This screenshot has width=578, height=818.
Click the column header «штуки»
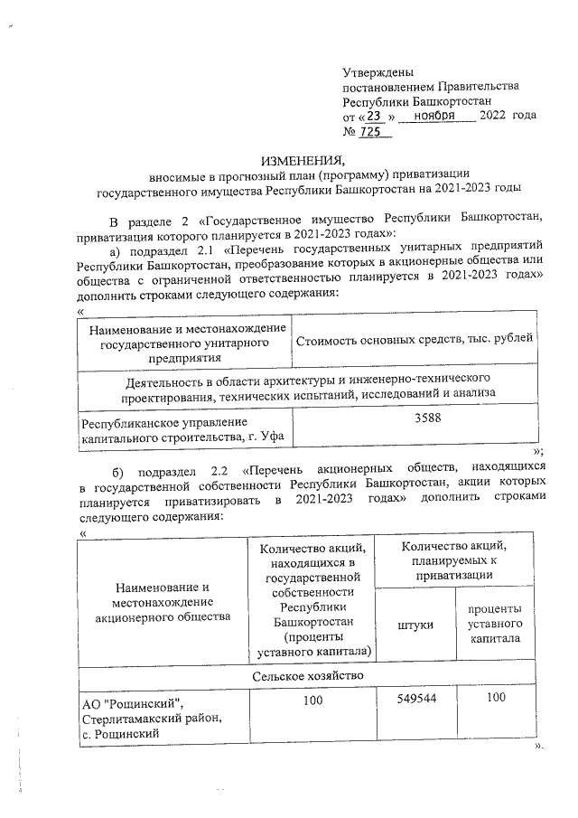click(x=415, y=625)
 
